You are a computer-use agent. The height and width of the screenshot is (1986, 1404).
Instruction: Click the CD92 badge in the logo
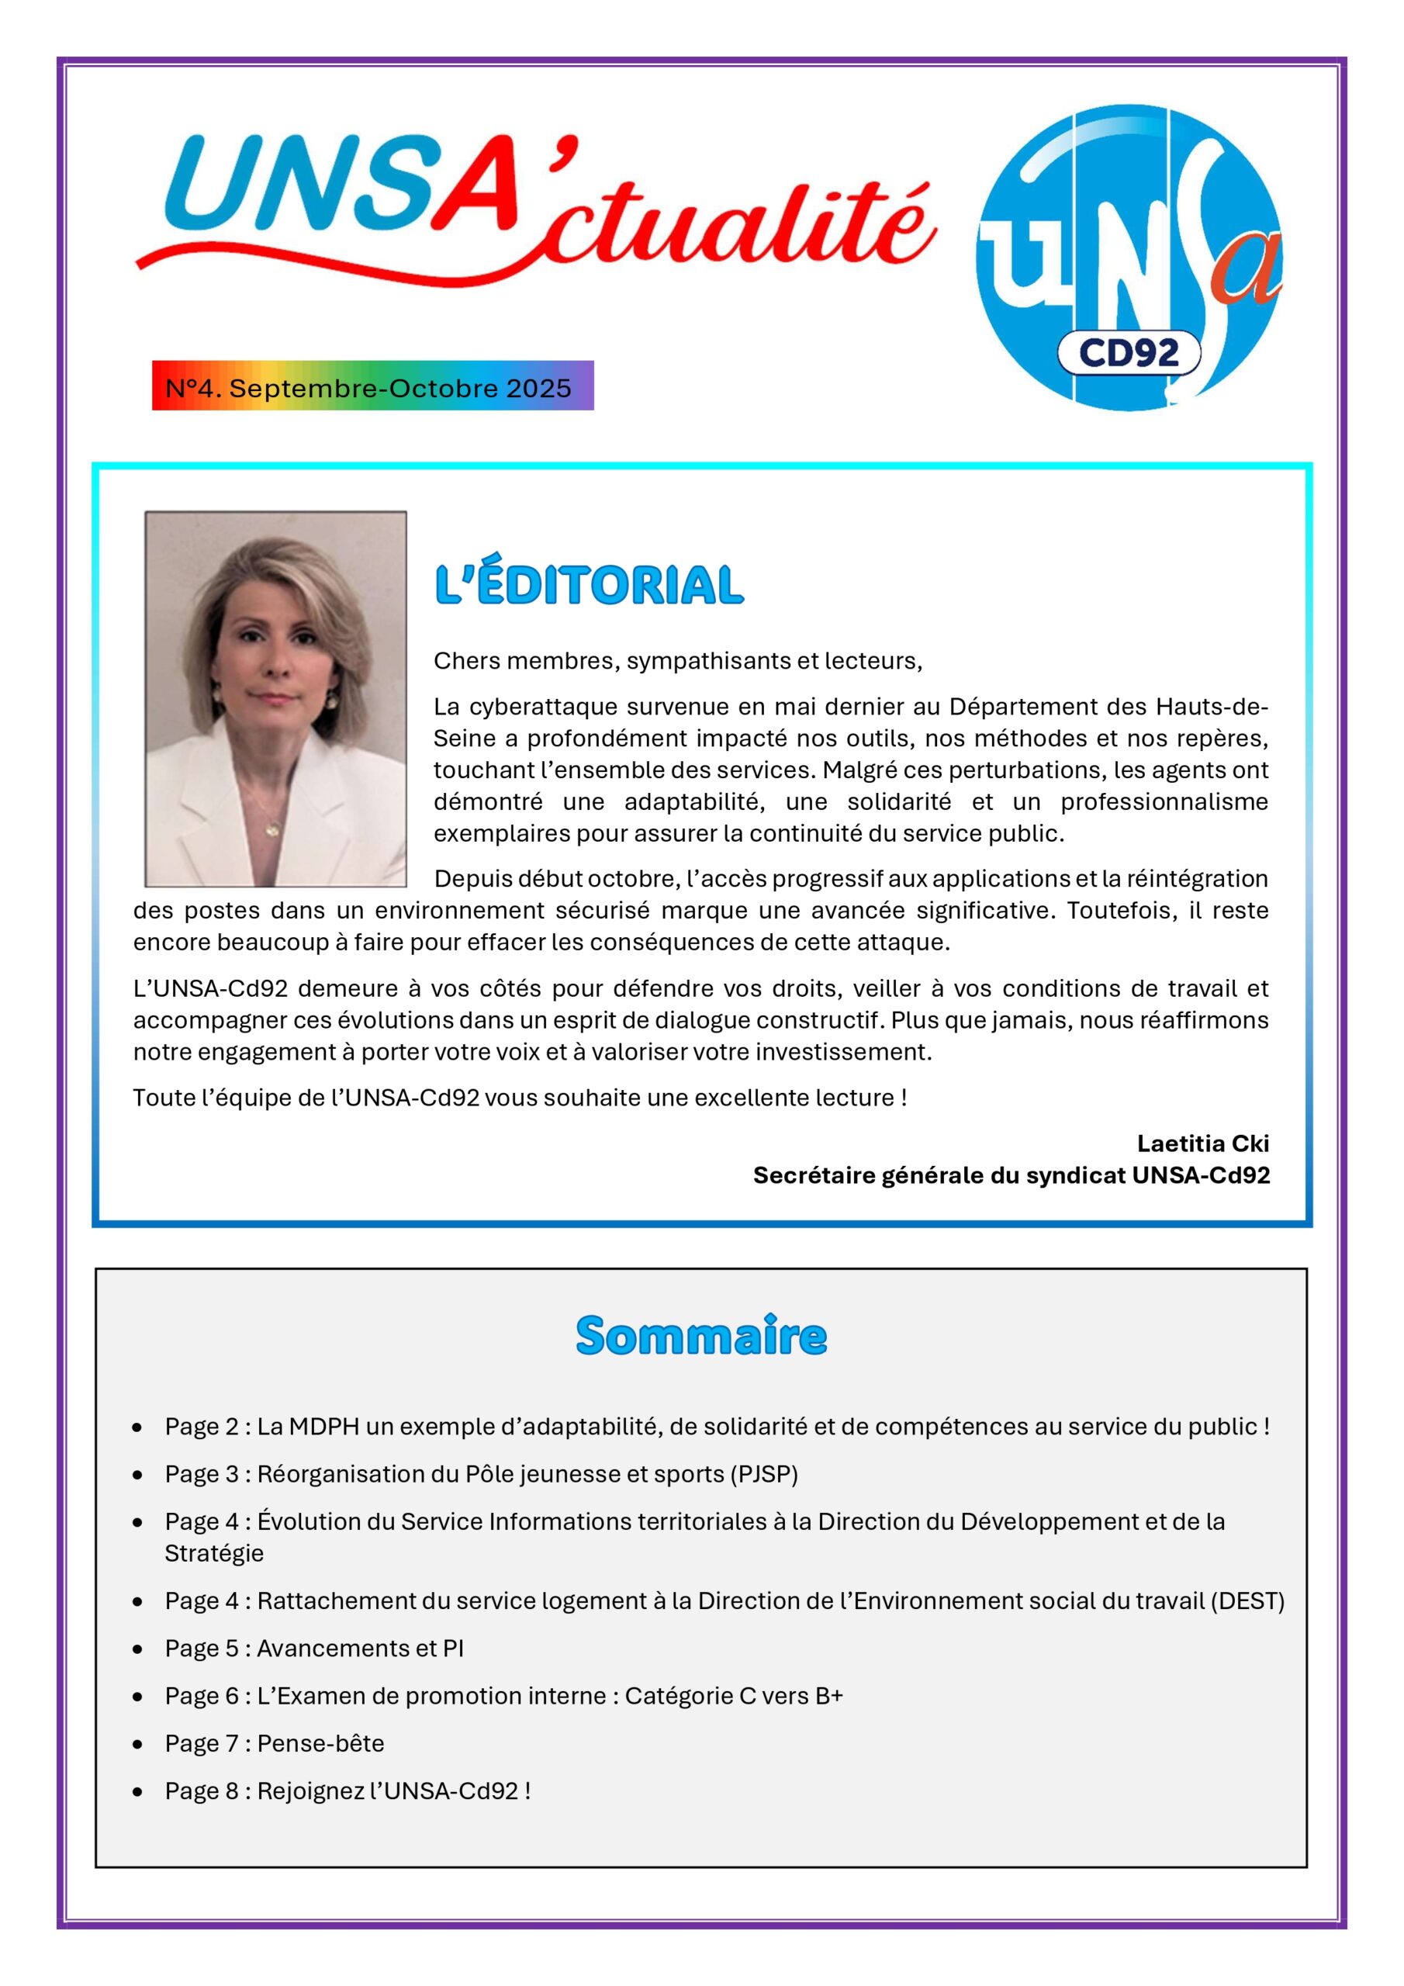click(1128, 353)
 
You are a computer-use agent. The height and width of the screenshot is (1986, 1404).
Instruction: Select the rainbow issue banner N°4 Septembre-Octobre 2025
click(373, 386)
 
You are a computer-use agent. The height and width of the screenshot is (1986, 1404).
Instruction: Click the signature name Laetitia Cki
click(1202, 1143)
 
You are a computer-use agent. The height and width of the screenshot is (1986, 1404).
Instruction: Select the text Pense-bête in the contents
click(321, 1743)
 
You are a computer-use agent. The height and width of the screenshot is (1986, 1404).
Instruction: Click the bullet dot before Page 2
click(137, 1427)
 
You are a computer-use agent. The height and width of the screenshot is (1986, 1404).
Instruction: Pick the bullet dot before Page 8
click(137, 1791)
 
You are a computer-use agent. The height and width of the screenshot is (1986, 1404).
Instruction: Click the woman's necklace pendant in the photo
click(271, 830)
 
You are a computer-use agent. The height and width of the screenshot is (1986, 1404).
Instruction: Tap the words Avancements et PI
click(360, 1648)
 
